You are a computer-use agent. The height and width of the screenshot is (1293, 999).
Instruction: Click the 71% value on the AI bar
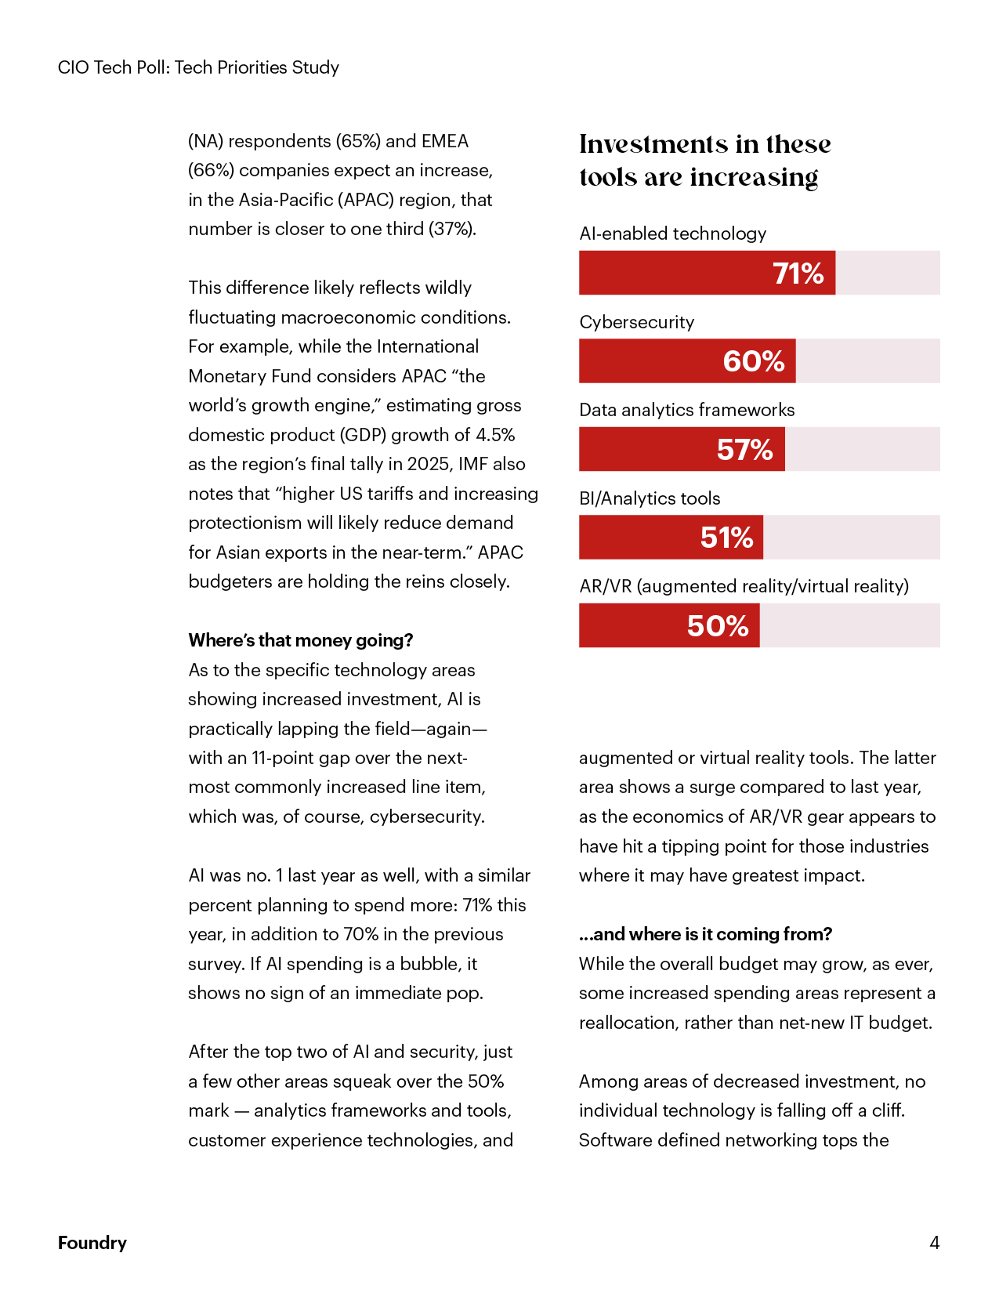(798, 273)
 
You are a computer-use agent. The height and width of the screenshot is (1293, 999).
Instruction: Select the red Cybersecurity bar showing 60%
(686, 361)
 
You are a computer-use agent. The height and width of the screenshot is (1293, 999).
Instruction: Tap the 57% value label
(744, 450)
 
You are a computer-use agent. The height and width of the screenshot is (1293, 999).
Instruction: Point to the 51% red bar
(670, 538)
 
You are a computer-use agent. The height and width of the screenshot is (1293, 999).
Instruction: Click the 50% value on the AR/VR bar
(718, 626)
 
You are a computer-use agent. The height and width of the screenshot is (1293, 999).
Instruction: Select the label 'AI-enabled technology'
(672, 234)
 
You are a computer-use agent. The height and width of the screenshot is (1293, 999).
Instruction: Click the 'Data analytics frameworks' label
(686, 410)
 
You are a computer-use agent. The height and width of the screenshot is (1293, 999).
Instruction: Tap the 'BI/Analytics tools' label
(650, 498)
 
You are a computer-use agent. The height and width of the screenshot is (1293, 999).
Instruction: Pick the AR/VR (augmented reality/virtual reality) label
(744, 586)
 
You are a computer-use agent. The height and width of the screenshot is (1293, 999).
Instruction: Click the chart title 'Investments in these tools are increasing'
(704, 161)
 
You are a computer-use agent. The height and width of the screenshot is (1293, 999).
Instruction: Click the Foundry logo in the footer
(92, 1243)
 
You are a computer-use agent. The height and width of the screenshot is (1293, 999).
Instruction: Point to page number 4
(934, 1243)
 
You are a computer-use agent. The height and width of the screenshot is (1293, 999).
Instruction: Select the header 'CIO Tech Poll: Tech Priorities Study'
(198, 67)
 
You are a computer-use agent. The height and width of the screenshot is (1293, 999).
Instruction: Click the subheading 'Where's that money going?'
(300, 640)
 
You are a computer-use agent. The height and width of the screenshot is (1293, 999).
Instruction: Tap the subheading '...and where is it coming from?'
(705, 934)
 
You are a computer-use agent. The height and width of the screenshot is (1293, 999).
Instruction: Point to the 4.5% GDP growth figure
(495, 435)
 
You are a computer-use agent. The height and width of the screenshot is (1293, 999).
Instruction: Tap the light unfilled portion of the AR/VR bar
(849, 626)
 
